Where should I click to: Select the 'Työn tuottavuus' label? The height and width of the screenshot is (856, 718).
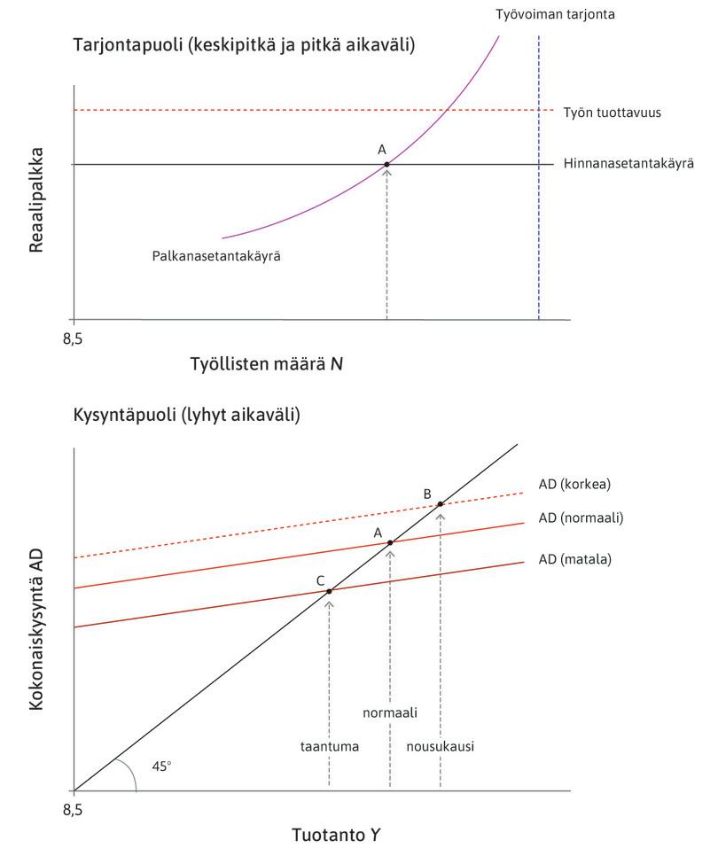point(612,113)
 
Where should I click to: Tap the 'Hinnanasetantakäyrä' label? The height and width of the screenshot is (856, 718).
point(628,164)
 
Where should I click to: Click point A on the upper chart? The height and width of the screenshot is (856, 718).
point(387,164)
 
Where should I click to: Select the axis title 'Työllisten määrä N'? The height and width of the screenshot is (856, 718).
point(267,363)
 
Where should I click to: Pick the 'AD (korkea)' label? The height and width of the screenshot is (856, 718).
point(574,484)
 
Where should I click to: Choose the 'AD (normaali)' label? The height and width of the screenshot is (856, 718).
point(581,517)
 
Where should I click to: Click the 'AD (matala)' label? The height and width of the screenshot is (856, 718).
point(574,559)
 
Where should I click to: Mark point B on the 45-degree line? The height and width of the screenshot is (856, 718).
point(441,503)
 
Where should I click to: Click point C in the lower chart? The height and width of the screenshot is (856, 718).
point(329,591)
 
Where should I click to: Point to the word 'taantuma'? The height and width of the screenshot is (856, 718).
point(329,746)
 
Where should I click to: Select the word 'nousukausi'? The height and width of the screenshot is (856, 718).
point(441,746)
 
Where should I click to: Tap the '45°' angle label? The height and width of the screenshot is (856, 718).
point(161,767)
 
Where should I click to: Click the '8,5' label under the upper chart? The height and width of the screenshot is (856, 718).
point(74,338)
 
